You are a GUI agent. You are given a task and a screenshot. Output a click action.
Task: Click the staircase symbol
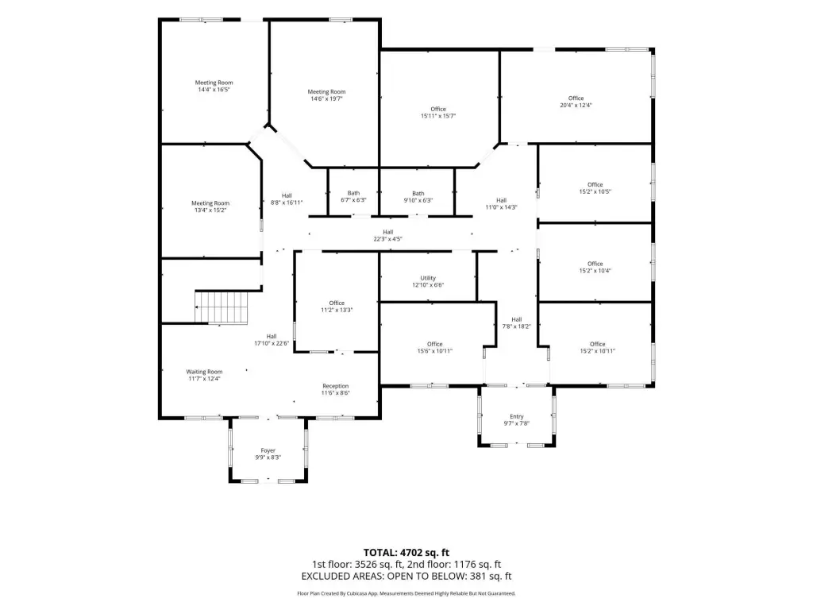click(x=222, y=307)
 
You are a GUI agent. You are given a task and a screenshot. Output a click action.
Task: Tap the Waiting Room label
click(x=204, y=372)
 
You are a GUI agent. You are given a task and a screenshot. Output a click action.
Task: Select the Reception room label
click(x=336, y=386)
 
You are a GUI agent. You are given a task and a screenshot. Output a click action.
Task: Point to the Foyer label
click(x=268, y=451)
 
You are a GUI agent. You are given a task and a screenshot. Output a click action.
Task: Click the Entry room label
click(x=516, y=416)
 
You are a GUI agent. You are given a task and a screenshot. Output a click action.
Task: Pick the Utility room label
click(x=428, y=278)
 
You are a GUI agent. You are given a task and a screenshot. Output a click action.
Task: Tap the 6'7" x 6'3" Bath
click(x=353, y=196)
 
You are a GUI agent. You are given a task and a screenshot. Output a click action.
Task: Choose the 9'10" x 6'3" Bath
click(x=418, y=197)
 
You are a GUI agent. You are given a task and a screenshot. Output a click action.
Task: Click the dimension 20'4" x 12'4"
click(x=576, y=106)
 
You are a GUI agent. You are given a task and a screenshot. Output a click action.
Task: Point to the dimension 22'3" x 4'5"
click(x=387, y=239)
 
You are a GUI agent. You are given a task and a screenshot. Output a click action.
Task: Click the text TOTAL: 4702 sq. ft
click(x=406, y=553)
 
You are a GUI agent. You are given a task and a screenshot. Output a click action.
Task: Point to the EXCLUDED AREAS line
click(x=406, y=576)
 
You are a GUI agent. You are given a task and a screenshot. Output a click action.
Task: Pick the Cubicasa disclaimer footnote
click(x=406, y=593)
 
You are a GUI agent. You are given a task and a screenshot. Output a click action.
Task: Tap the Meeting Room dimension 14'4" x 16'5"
click(x=214, y=90)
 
